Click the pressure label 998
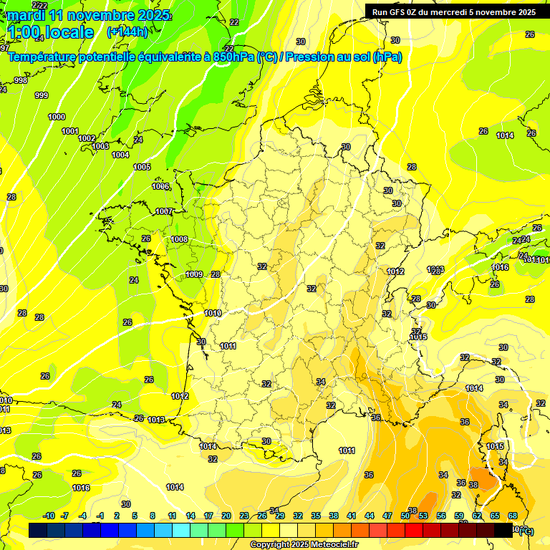(21, 80)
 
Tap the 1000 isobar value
(57, 117)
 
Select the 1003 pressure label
(101, 146)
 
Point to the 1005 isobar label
(142, 167)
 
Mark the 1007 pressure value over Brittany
(164, 211)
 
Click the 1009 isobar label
(194, 274)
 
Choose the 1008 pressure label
(179, 239)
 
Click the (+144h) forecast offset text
(127, 32)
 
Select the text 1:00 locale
(50, 32)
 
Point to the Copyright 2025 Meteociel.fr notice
(304, 545)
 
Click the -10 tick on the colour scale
(49, 516)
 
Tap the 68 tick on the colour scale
(513, 516)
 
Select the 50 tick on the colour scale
(405, 516)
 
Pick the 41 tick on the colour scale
(352, 516)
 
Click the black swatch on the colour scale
(503, 530)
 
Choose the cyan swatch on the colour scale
(181, 530)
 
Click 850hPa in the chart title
(233, 57)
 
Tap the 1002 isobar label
(87, 138)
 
